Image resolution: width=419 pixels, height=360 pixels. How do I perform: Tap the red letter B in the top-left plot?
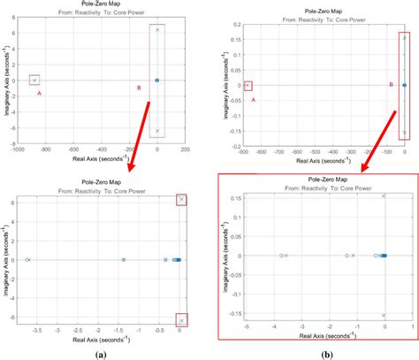(139, 87)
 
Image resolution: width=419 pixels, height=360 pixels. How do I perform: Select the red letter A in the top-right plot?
(253, 100)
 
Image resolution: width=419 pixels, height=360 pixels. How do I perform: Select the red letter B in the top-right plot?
(392, 85)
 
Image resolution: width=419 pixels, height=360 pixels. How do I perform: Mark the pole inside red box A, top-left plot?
(34, 80)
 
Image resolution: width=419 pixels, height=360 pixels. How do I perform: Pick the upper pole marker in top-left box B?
(157, 29)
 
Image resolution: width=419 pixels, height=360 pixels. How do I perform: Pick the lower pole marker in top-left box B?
(157, 131)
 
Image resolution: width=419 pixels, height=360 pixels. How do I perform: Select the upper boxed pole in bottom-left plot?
(180, 199)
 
